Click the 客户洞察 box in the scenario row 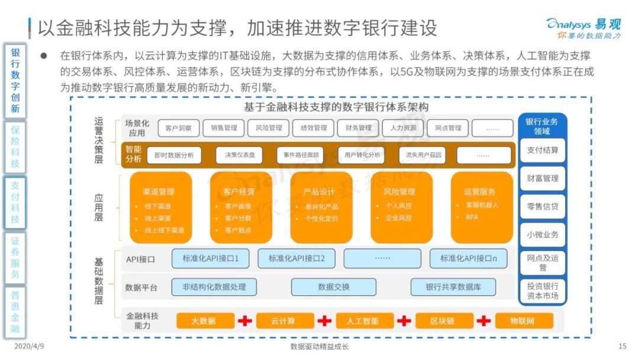[179, 128]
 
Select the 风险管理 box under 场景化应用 [269, 128]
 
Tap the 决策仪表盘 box [240, 155]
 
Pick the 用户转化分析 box [362, 155]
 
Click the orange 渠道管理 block [160, 207]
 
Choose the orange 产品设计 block [321, 207]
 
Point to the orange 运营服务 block [482, 207]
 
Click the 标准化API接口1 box [210, 259]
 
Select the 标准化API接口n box [469, 259]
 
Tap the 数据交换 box [334, 287]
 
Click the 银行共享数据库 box [453, 287]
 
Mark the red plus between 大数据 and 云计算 [245, 321]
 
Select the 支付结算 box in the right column [543, 150]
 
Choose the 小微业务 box [543, 235]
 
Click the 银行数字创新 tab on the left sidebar [15, 81]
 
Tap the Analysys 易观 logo [583, 28]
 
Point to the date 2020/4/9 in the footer [29, 346]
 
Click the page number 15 [622, 346]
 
